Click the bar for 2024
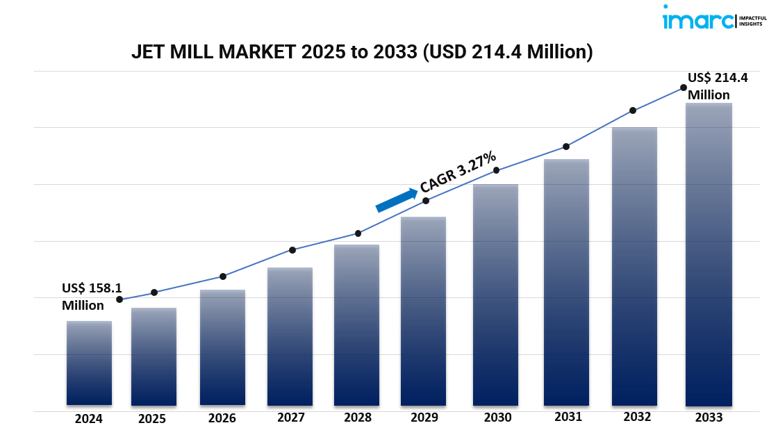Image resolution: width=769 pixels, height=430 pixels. pyautogui.click(x=89, y=363)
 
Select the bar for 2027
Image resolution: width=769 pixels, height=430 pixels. pyautogui.click(x=290, y=336)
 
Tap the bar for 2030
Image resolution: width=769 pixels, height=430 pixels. pyautogui.click(x=495, y=295)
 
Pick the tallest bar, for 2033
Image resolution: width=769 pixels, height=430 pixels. pyautogui.click(x=708, y=254)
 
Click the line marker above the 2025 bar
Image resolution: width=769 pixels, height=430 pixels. pyautogui.click(x=154, y=292)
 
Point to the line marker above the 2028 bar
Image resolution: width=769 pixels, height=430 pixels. pyautogui.click(x=358, y=233)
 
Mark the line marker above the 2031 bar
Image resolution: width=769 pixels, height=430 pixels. pyautogui.click(x=566, y=147)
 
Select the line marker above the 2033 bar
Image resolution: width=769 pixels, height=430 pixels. pyautogui.click(x=684, y=88)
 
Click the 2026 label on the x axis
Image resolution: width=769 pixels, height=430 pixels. pyautogui.click(x=222, y=418)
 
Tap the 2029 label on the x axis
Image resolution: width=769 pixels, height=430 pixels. pyautogui.click(x=424, y=417)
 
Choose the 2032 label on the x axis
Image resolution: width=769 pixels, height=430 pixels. pyautogui.click(x=637, y=417)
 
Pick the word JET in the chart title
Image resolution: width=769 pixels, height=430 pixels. pyautogui.click(x=146, y=53)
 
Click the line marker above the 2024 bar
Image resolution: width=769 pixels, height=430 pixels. pyautogui.click(x=119, y=299)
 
